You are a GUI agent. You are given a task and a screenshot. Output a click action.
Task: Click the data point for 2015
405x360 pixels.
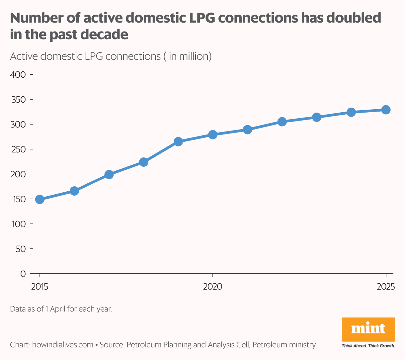pyautogui.click(x=40, y=199)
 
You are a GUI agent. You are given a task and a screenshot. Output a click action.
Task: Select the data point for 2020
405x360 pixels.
pyautogui.click(x=213, y=135)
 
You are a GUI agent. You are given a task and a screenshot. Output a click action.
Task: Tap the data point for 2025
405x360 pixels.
pyautogui.click(x=386, y=110)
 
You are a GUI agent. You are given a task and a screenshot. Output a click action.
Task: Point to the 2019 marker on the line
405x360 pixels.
pyautogui.click(x=178, y=142)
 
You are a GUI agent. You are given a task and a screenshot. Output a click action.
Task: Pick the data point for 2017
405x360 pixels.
pyautogui.click(x=109, y=174)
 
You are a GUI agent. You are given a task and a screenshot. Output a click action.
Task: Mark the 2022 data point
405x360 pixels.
pyautogui.click(x=282, y=122)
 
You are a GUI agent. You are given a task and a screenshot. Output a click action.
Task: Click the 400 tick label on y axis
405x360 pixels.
pyautogui.click(x=18, y=74)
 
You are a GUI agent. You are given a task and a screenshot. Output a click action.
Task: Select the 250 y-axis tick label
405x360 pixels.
pyautogui.click(x=18, y=149)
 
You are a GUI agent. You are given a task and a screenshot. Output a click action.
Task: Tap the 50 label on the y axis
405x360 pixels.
pyautogui.click(x=21, y=249)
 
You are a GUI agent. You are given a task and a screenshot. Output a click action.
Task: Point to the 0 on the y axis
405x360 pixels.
pyautogui.click(x=23, y=274)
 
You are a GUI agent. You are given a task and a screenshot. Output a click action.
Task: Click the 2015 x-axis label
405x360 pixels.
pyautogui.click(x=40, y=286)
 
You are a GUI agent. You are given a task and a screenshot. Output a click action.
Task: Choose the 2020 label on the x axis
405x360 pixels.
pyautogui.click(x=213, y=286)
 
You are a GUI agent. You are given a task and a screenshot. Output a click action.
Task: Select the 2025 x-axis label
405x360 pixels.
pyautogui.click(x=386, y=286)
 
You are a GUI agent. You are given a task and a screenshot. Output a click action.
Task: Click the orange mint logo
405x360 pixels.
pyautogui.click(x=368, y=329)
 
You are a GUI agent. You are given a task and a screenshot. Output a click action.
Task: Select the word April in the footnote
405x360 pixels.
pyautogui.click(x=58, y=309)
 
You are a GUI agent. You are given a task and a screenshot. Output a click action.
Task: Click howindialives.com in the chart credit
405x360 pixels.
pyautogui.click(x=63, y=345)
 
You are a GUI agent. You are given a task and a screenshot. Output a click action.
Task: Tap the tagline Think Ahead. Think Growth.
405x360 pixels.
pyautogui.click(x=368, y=346)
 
